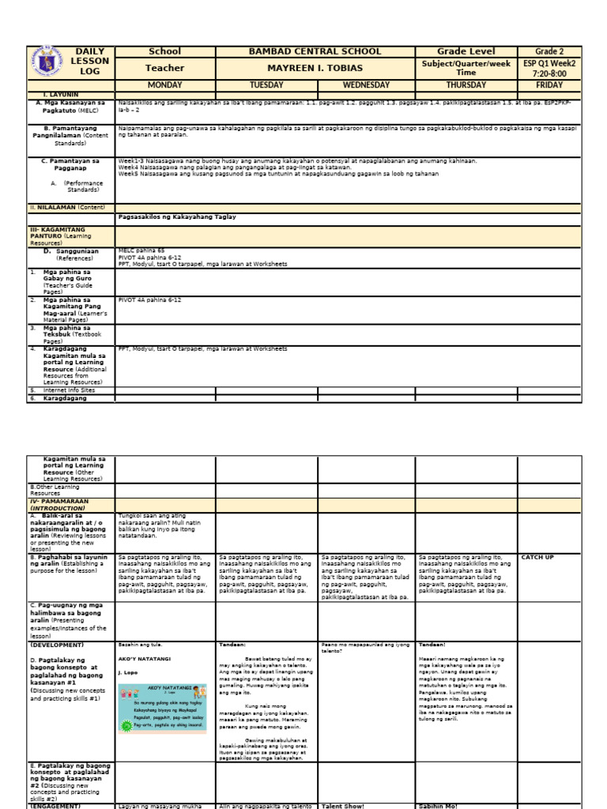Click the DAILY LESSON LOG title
pos(91,62)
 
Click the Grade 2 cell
pos(549,51)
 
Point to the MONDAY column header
pos(164,85)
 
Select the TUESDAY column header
pos(266,85)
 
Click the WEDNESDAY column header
pos(366,85)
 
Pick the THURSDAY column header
pos(466,85)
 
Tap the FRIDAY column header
pos(549,85)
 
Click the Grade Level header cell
pos(466,51)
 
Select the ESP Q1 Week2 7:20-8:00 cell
pos(549,68)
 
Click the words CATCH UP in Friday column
pos(537,557)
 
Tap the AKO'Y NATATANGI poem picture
pos(162,708)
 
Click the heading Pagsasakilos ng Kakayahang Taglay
pos(176,216)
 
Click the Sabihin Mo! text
pos(439,805)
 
